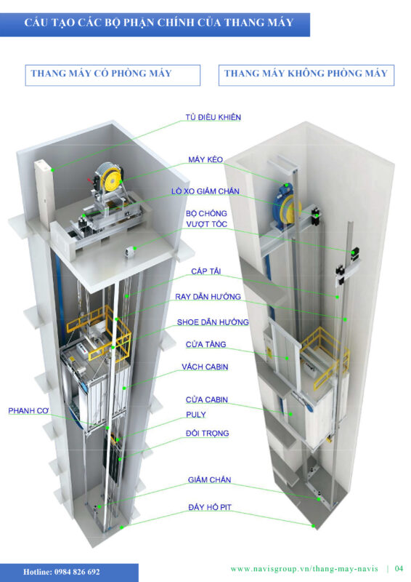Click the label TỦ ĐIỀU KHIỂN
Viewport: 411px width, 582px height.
(x=213, y=117)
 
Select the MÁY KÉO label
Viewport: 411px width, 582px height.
(x=206, y=159)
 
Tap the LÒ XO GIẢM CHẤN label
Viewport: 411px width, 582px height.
(x=205, y=191)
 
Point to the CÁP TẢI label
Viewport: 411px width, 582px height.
(x=206, y=271)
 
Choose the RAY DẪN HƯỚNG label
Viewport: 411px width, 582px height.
(x=208, y=297)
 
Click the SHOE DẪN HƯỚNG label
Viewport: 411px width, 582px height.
(x=213, y=322)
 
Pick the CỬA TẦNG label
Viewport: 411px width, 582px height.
(x=206, y=344)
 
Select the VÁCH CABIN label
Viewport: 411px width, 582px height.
(x=205, y=367)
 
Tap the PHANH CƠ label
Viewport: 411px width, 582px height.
(x=28, y=410)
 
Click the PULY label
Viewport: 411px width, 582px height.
(x=195, y=415)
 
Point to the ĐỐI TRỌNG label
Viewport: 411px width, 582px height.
(x=207, y=433)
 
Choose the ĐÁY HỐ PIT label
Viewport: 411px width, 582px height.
(x=210, y=507)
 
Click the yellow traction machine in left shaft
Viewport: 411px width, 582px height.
(x=110, y=177)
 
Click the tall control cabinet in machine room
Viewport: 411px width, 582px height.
(x=44, y=193)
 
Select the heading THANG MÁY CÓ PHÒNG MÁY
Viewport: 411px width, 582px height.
(x=101, y=73)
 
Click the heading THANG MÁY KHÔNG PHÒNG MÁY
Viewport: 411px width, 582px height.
(x=306, y=73)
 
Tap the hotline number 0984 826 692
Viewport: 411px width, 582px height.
(x=77, y=572)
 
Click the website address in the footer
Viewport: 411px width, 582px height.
(x=304, y=569)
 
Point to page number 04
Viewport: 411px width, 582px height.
(x=399, y=568)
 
